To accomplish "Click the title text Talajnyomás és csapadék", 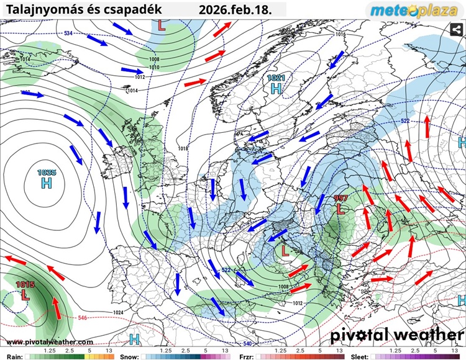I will tap(84, 10).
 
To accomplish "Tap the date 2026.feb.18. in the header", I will tap(235, 10).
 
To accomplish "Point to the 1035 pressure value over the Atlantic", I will tap(47, 173).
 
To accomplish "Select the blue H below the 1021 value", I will tap(276, 89).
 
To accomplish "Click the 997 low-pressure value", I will tap(340, 199).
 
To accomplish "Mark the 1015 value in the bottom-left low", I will tap(25, 284).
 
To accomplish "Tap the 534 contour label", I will tap(68, 33).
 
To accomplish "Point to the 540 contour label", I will tap(247, 343).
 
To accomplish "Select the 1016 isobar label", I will tap(340, 34).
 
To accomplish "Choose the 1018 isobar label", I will tap(183, 148).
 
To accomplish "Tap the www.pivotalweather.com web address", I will tap(49, 342).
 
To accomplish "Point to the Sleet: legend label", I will tap(360, 356).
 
